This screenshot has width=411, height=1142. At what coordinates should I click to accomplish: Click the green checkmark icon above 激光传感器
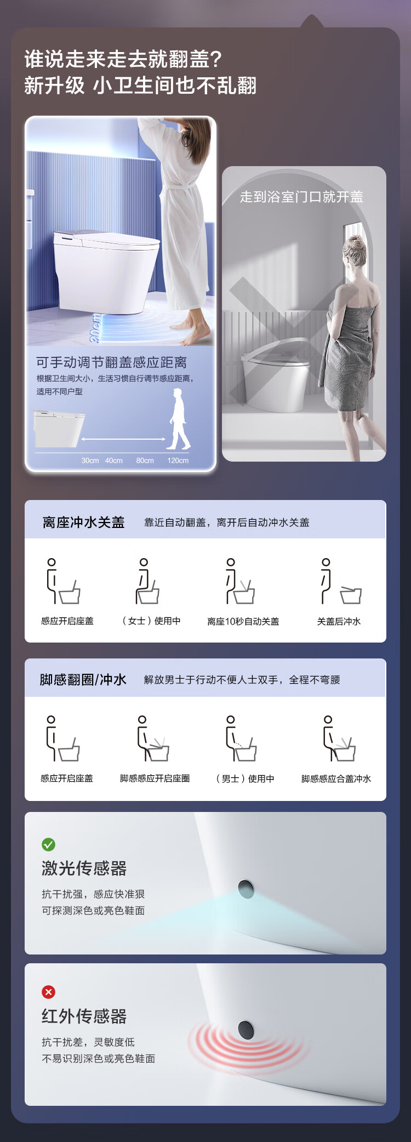click(x=49, y=844)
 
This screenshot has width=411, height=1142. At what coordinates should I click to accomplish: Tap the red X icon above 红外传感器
click(x=49, y=992)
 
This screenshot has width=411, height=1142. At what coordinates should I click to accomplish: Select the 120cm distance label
click(x=178, y=461)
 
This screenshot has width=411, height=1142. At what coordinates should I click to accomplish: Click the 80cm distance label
click(x=145, y=461)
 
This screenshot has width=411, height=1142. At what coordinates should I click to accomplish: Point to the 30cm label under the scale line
click(x=90, y=461)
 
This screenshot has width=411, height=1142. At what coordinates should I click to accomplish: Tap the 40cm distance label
click(x=114, y=461)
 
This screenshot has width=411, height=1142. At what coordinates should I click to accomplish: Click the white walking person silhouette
click(x=179, y=419)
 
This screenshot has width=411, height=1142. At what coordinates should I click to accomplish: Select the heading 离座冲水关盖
click(x=84, y=522)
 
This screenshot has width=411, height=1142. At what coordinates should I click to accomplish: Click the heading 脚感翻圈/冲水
click(x=83, y=680)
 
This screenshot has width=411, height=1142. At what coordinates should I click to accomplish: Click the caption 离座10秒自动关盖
click(x=243, y=621)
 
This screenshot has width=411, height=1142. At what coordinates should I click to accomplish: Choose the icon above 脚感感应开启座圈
click(x=153, y=738)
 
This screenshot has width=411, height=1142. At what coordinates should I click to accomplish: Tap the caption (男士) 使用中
click(x=245, y=779)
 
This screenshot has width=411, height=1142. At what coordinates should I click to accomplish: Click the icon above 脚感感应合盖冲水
click(x=339, y=738)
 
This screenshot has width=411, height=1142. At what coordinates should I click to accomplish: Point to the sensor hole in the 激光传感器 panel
click(x=246, y=889)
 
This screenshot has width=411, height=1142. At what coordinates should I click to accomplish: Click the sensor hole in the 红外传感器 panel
click(x=246, y=1030)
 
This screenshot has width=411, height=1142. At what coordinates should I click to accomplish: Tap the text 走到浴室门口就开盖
click(x=301, y=197)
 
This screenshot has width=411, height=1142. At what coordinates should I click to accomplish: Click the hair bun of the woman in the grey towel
click(x=356, y=242)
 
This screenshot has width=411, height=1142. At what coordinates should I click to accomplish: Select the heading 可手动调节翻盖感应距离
click(x=112, y=362)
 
